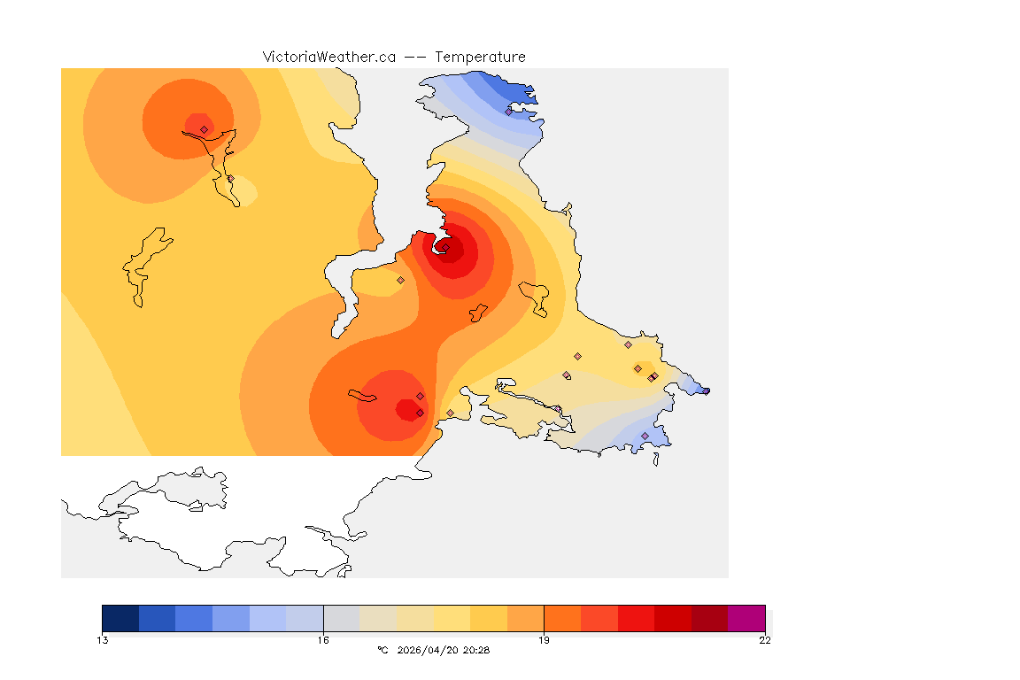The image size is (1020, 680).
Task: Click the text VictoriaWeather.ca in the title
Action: click(x=328, y=57)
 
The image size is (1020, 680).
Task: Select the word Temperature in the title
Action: click(x=480, y=57)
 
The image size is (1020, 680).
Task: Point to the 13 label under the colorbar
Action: click(x=103, y=640)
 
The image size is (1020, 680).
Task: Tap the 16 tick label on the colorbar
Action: click(x=323, y=640)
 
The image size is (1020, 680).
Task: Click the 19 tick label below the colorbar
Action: click(x=544, y=640)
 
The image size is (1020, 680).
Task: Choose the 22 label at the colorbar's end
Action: click(x=765, y=640)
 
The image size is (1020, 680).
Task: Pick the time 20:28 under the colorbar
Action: click(x=475, y=650)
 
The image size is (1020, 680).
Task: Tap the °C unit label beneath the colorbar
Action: click(x=382, y=650)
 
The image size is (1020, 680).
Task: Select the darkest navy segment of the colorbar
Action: click(x=120, y=618)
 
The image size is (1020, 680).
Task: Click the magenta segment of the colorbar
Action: click(x=746, y=618)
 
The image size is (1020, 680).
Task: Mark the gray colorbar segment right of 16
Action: click(x=342, y=618)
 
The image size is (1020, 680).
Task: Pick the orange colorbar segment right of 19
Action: click(x=562, y=618)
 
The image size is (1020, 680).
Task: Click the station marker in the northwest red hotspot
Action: click(x=204, y=129)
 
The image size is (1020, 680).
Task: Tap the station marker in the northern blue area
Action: click(x=508, y=112)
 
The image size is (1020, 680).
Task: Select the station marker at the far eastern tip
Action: click(x=706, y=390)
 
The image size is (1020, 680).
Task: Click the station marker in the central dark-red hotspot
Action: click(x=446, y=247)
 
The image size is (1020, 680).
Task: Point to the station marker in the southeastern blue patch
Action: click(x=645, y=436)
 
